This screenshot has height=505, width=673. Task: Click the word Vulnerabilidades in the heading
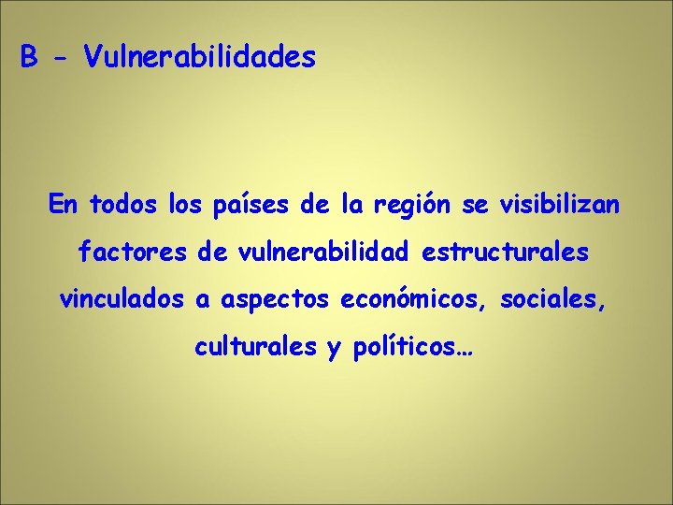pyautogui.click(x=200, y=58)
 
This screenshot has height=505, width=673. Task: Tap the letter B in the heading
pyautogui.click(x=30, y=58)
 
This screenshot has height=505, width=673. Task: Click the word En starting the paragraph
pyautogui.click(x=64, y=204)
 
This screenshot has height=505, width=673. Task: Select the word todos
pyautogui.click(x=126, y=204)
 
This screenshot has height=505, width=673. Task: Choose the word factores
pyautogui.click(x=131, y=252)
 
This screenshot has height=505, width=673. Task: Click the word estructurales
pyautogui.click(x=506, y=252)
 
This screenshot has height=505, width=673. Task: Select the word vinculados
pyautogui.click(x=122, y=300)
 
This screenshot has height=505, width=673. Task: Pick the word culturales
pyautogui.click(x=255, y=348)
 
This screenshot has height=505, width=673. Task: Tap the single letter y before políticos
pyautogui.click(x=334, y=351)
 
